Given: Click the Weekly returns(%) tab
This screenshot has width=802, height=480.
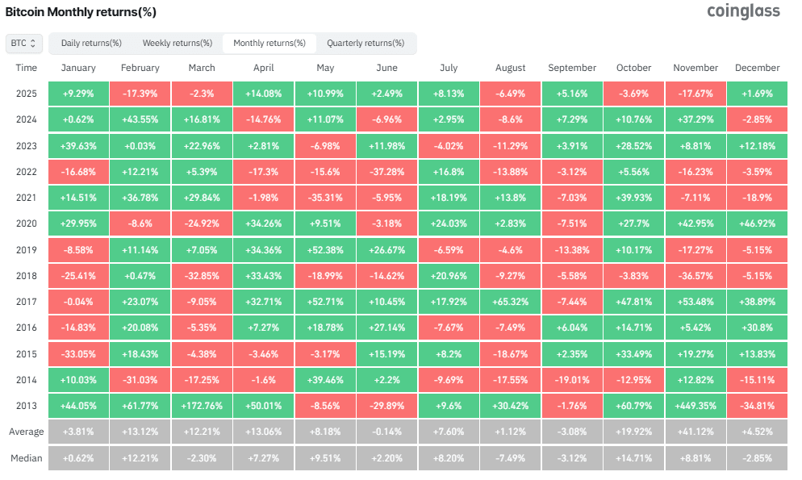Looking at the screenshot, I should [177, 43].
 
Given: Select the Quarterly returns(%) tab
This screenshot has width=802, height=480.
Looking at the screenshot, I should [365, 43].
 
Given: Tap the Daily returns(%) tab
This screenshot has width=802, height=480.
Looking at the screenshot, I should [91, 43].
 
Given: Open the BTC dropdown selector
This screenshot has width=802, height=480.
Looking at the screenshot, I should [24, 43].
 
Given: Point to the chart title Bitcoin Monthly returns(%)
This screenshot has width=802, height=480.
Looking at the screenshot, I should [81, 12].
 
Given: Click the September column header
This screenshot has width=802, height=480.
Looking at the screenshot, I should [572, 68].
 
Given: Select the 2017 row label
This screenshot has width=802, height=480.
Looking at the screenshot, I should [26, 303].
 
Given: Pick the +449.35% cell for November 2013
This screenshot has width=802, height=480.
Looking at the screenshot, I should [695, 407].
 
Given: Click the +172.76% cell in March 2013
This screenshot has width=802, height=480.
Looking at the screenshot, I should [202, 407].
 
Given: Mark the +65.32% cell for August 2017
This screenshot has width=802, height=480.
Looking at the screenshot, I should [510, 303].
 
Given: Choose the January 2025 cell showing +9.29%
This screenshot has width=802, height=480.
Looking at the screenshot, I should [78, 93].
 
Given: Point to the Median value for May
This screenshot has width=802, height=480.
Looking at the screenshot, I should [325, 459].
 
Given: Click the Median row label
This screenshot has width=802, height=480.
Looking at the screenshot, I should [26, 459].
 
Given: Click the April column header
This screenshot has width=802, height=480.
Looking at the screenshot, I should [263, 68].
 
